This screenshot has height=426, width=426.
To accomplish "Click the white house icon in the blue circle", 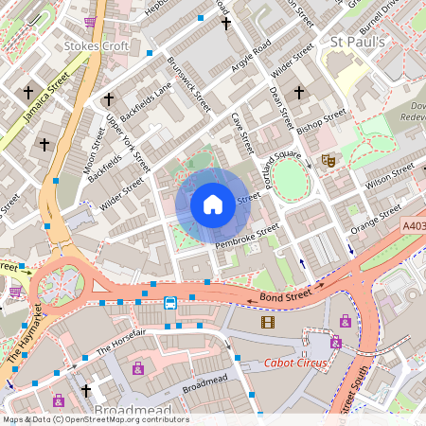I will coord(213,204).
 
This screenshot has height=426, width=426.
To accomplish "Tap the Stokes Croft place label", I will coord(89,44).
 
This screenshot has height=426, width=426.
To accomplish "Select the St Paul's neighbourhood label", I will coord(357,42).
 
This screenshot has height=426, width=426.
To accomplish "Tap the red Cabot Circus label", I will coord(295,363).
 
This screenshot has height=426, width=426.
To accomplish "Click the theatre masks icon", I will coord(328,161).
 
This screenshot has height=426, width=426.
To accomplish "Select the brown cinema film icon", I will coord(268,322).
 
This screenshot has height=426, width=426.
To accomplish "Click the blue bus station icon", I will coord(170,303).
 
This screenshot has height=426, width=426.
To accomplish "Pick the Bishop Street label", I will coord(322,124).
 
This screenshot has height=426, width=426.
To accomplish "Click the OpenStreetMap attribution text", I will coord(95,419).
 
